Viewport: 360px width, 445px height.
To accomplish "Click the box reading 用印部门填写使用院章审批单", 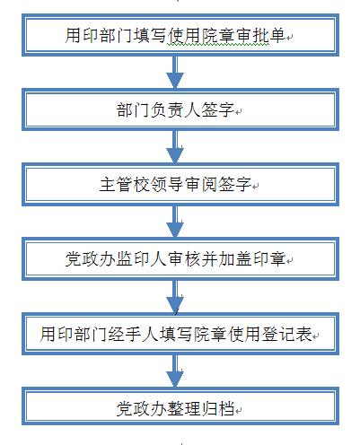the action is click(x=180, y=35).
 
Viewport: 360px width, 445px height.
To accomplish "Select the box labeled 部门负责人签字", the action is click(x=180, y=109).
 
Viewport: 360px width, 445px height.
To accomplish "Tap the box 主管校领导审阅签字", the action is click(x=180, y=184).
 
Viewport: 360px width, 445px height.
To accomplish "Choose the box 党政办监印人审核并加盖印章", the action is click(x=180, y=258).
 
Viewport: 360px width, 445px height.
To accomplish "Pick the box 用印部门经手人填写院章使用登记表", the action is click(x=180, y=334).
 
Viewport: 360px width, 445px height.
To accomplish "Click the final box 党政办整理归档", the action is click(x=180, y=406).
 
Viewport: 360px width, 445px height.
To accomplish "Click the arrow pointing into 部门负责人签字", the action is click(x=175, y=72).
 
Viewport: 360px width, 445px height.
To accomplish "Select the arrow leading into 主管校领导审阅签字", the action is click(x=175, y=147).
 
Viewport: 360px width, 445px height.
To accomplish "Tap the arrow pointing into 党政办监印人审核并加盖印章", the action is click(x=175, y=222).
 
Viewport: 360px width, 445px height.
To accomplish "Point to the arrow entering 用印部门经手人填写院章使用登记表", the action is click(x=175, y=296).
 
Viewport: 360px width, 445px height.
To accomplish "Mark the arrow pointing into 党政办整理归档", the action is click(x=175, y=371).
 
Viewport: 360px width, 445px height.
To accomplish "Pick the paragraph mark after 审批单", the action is click(x=289, y=38).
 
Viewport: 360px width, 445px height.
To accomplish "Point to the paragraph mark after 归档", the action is click(x=238, y=411).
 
